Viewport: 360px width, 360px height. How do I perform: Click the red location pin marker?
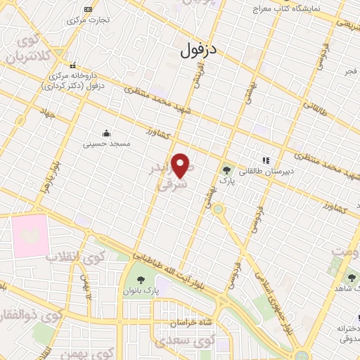[182, 165]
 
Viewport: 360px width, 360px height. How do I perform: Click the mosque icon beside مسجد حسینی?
[105, 134]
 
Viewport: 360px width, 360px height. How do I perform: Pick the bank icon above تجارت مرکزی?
[88, 9]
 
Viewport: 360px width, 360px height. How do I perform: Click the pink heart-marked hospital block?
[29, 236]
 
